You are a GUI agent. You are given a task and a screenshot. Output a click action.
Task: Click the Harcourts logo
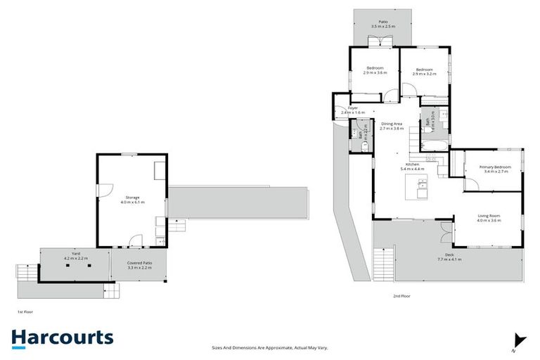pos(62,337)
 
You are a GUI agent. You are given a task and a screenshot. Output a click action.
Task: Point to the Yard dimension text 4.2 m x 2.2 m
pos(75,259)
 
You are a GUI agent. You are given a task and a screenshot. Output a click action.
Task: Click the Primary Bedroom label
pos(494,168)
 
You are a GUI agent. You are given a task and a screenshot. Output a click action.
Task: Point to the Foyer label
pos(353,108)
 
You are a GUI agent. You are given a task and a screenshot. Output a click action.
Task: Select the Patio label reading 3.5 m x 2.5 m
pos(383,23)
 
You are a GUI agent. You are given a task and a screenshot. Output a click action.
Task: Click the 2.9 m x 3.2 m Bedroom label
pos(424,71)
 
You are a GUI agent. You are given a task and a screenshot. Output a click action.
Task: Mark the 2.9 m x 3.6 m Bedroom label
pos(375,70)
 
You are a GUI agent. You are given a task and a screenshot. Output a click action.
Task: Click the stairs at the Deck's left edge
pos(383,266)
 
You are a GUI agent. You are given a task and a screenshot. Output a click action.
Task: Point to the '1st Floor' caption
pos(25,311)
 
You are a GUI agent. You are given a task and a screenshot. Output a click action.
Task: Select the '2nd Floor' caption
pos(401,296)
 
